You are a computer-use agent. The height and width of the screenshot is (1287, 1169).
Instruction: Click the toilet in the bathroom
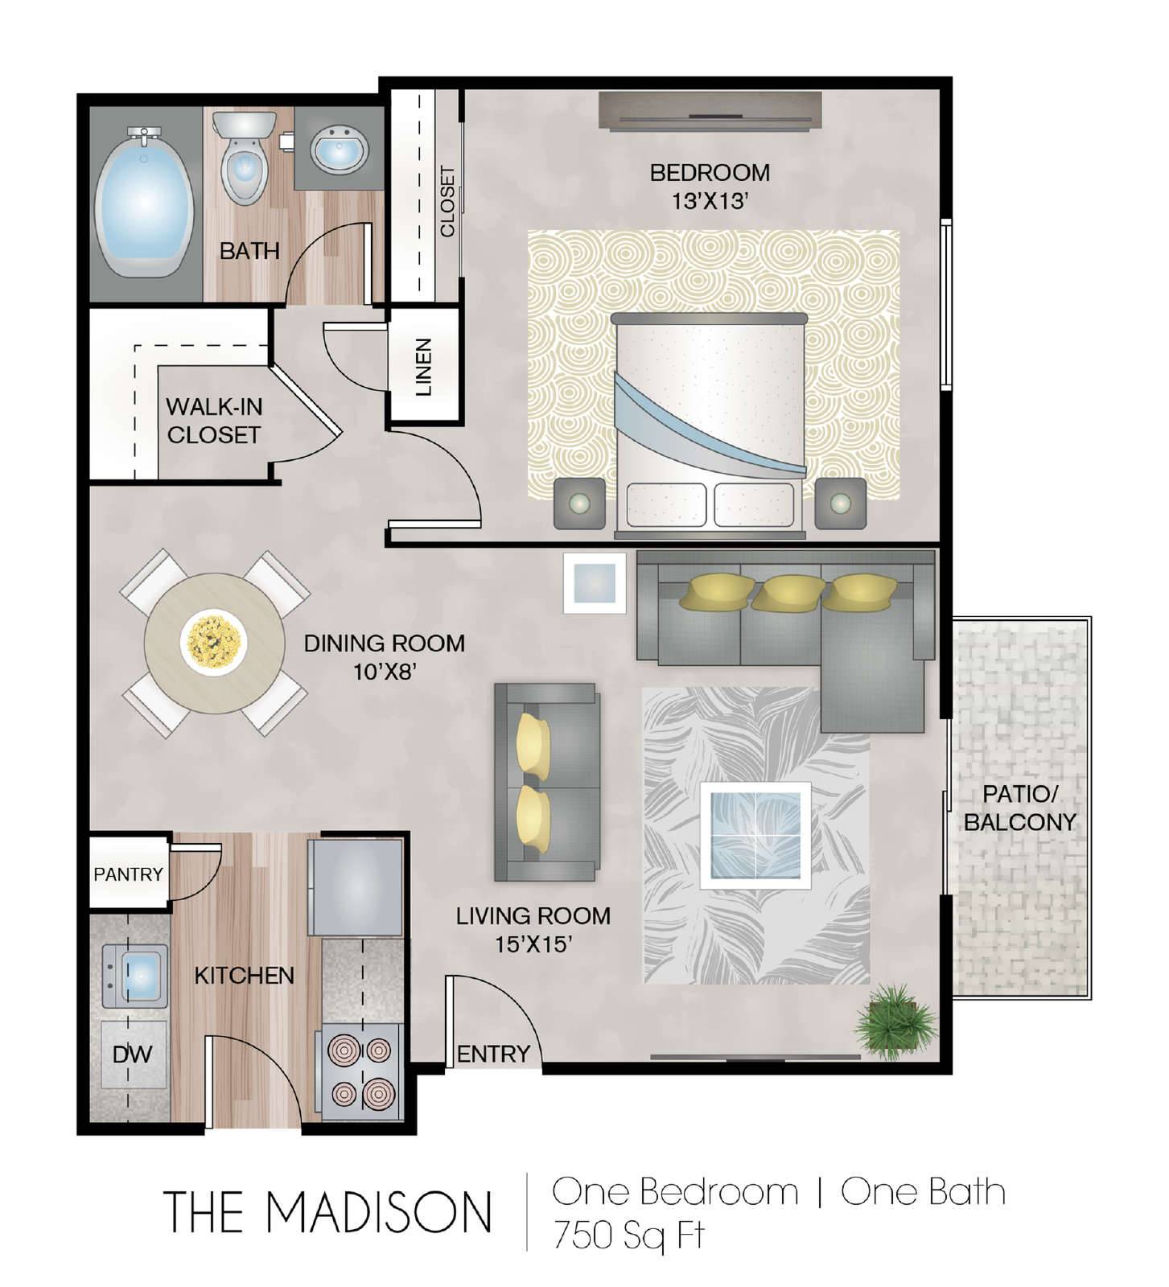tap(244, 157)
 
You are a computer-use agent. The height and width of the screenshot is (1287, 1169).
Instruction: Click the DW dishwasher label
tap(133, 1054)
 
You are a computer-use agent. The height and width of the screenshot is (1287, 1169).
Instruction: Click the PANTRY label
tap(128, 874)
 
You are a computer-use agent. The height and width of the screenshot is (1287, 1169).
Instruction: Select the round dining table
tap(214, 642)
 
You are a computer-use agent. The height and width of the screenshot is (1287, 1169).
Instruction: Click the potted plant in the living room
tap(895, 1022)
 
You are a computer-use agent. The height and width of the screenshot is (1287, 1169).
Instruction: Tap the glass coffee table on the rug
tap(755, 835)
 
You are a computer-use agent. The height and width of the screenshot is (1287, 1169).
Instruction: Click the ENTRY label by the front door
tap(493, 1054)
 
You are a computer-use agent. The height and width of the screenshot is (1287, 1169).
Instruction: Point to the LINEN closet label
tap(424, 367)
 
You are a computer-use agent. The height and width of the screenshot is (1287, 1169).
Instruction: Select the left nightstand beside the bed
tap(579, 504)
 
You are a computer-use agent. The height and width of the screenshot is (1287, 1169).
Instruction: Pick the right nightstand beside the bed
tap(840, 504)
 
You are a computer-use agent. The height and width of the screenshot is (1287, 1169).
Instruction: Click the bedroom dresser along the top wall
tap(710, 109)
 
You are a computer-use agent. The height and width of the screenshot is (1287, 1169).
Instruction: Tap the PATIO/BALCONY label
tap(1019, 808)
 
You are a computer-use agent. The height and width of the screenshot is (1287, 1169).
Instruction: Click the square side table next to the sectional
tap(595, 583)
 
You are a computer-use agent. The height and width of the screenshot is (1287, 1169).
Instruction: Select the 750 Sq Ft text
tap(628, 1235)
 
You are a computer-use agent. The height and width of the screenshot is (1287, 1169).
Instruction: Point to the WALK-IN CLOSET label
tap(214, 421)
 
